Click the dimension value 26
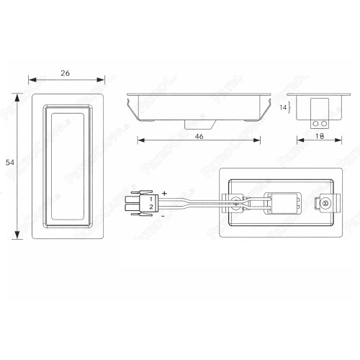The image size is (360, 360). (66, 73)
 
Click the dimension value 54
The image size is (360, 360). (9, 163)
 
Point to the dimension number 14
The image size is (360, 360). (283, 107)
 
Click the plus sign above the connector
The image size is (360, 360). (164, 194)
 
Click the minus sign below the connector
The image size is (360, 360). (163, 215)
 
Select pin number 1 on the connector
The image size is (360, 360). (150, 199)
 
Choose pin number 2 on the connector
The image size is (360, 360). (150, 207)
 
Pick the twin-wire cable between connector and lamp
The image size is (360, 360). (194, 204)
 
